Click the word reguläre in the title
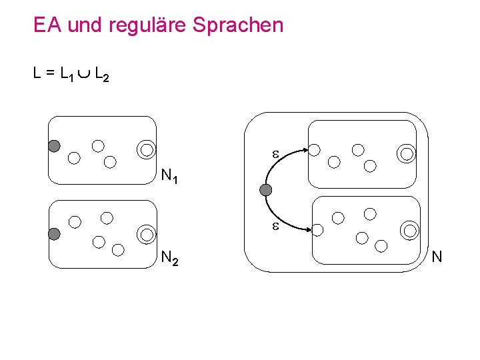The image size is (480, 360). [x=152, y=25]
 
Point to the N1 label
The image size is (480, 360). [x=170, y=177]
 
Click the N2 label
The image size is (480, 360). [x=170, y=259]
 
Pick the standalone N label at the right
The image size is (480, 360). [x=437, y=256]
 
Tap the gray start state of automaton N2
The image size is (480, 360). [x=54, y=233]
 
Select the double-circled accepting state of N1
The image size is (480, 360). [x=146, y=149]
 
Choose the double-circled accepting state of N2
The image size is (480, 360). [x=146, y=233]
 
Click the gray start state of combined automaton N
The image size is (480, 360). [x=266, y=191]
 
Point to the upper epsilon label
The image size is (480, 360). [x=274, y=154]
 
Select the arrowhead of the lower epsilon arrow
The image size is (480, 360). [x=309, y=229]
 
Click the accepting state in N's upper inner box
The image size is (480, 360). [x=406, y=155]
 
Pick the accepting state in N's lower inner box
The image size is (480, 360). [x=410, y=231]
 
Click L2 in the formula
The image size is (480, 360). [x=101, y=75]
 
